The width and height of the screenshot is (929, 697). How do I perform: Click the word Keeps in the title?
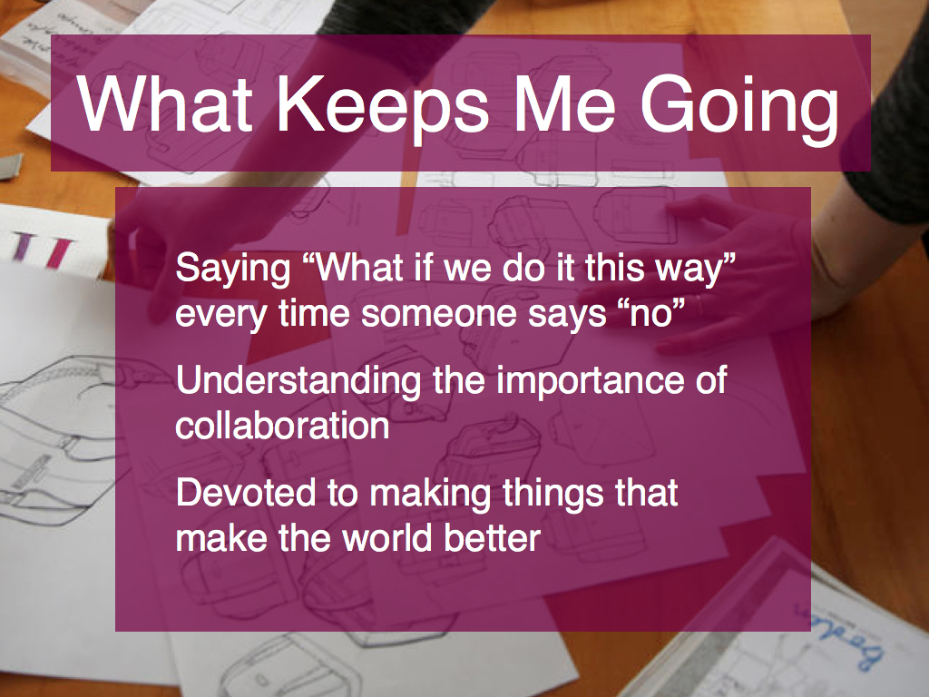pos(383,105)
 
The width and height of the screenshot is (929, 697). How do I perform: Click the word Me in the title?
pos(565,103)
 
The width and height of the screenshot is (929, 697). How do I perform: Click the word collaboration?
pos(283,426)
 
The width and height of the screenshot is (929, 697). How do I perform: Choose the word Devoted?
pos(245,493)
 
